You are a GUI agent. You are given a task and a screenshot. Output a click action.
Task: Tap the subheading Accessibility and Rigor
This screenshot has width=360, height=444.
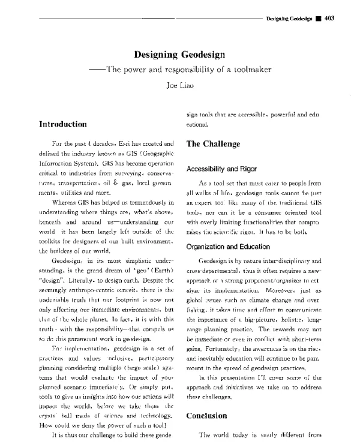[226, 169]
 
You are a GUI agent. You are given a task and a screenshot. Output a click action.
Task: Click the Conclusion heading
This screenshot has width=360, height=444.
[210, 415]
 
